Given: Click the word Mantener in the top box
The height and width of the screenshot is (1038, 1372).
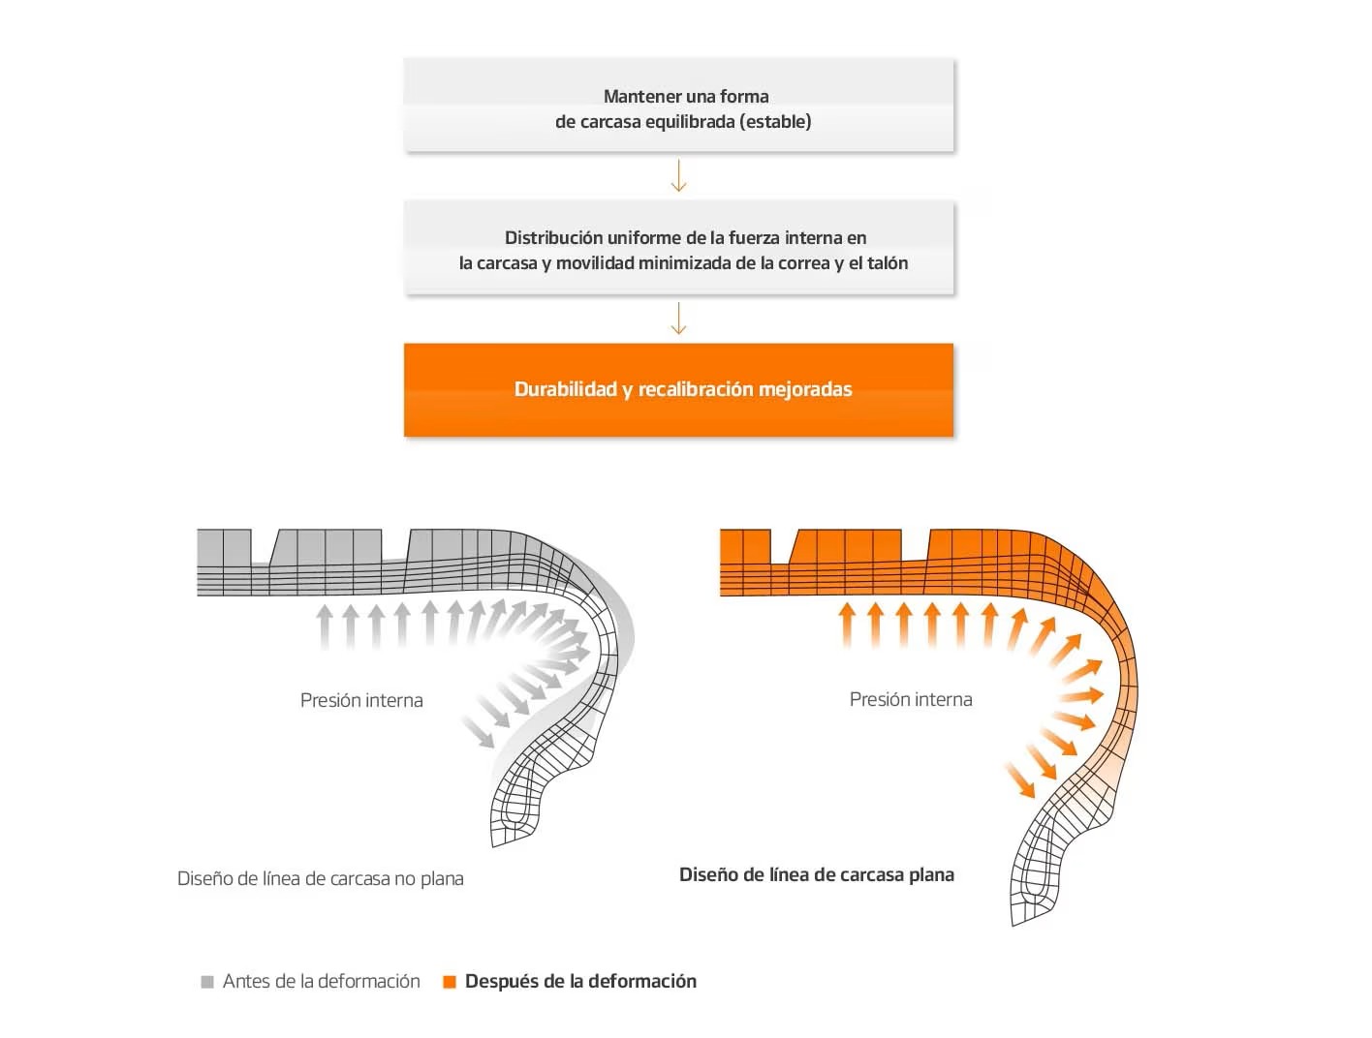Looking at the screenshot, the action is [x=636, y=96].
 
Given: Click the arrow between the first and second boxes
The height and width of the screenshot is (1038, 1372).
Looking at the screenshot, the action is [x=678, y=175].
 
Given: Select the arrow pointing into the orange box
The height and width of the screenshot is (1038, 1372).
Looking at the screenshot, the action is [x=678, y=319].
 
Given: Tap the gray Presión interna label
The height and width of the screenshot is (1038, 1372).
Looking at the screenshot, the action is [x=361, y=700].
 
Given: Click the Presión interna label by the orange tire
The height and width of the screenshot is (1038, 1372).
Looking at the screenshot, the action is [x=911, y=699].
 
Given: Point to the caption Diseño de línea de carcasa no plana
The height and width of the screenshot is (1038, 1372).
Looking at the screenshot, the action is [x=321, y=879].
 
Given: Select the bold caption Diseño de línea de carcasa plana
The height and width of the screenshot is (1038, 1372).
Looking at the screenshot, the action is [x=817, y=875].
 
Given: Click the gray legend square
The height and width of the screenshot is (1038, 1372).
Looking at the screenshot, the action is [x=207, y=982].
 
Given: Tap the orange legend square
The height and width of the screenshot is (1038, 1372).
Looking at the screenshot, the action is [x=449, y=982].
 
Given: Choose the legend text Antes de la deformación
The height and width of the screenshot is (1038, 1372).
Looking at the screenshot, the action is [x=322, y=981].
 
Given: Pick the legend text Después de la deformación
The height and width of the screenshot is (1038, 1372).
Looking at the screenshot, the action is [x=580, y=981].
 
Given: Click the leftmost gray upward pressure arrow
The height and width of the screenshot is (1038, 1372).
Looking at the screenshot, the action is [x=324, y=627].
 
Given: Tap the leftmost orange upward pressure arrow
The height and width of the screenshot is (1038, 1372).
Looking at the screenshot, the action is [x=847, y=626].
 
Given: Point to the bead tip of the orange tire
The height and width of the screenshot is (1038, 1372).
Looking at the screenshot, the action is [x=1013, y=925].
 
